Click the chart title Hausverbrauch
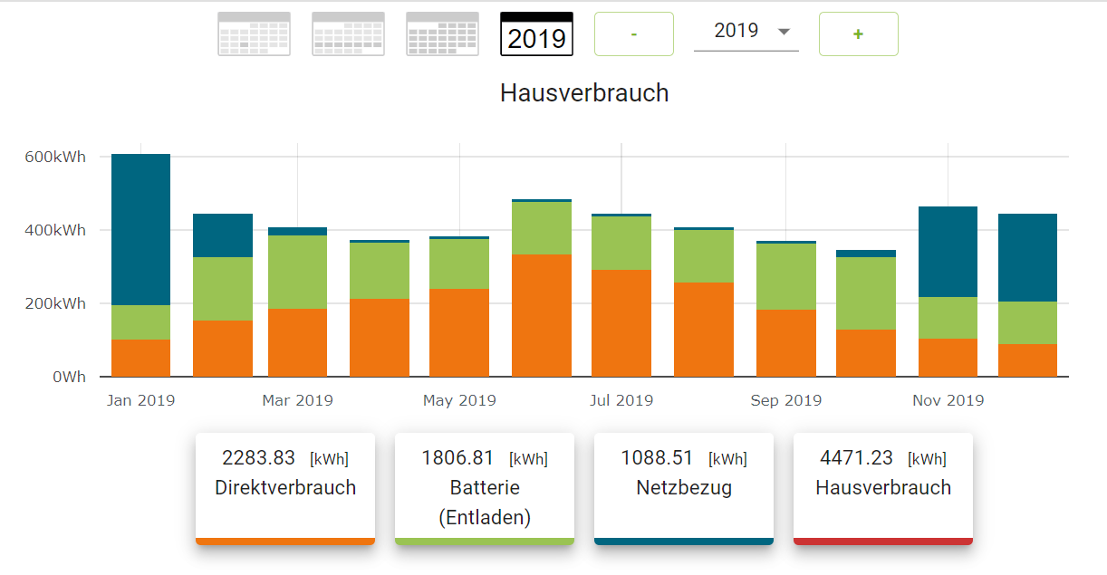point(584,92)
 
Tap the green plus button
point(858,34)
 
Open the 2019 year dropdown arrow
point(784,32)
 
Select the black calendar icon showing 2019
point(537,34)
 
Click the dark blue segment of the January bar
point(140,229)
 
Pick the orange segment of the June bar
point(542,315)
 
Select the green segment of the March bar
point(297,272)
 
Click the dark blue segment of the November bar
point(948,252)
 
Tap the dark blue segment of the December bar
point(1027,257)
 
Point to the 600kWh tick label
point(55,157)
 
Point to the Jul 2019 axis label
point(621,400)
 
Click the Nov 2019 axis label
point(948,400)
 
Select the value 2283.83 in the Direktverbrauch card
point(258,458)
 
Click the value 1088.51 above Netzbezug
point(657,458)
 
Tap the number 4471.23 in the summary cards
point(856,458)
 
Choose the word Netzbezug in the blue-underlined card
point(684,488)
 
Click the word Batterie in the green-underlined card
point(485,488)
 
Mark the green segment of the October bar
point(866,293)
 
